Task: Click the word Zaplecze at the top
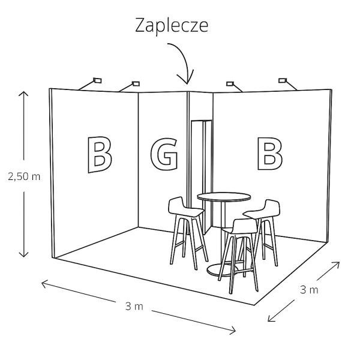tap(171, 26)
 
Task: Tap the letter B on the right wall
tap(269, 153)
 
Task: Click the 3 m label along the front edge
tap(134, 306)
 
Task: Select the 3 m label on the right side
tap(309, 290)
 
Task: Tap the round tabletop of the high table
tap(224, 197)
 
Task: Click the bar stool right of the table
tap(264, 225)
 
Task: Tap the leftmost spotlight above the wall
tap(97, 79)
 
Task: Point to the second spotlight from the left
tap(136, 83)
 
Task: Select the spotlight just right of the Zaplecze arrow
tap(230, 83)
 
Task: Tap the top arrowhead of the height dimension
tap(24, 94)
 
